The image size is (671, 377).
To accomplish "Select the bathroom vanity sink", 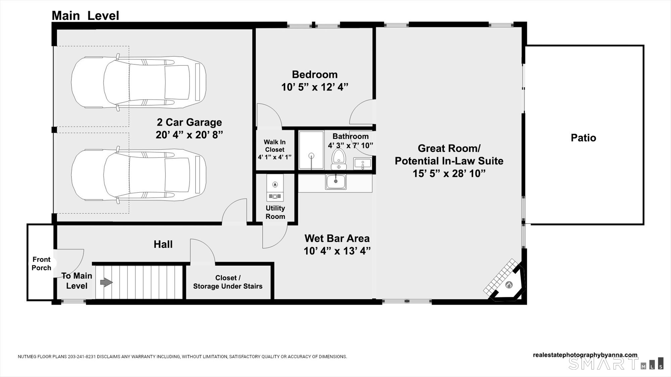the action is pyautogui.click(x=362, y=164).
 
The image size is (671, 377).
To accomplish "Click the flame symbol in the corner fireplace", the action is pyautogui.click(x=509, y=285).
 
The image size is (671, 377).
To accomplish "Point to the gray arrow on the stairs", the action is pyautogui.click(x=106, y=282).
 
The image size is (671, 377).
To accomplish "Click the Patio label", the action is pyautogui.click(x=583, y=138).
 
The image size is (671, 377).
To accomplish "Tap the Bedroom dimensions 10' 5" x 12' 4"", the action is pyautogui.click(x=315, y=87).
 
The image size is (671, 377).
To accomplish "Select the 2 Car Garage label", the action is pyautogui.click(x=189, y=122).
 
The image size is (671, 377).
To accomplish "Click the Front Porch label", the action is pyautogui.click(x=42, y=263).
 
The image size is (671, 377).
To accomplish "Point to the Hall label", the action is pyautogui.click(x=163, y=244).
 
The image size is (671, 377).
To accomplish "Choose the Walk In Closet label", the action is pyautogui.click(x=275, y=146).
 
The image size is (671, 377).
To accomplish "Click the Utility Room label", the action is pyautogui.click(x=275, y=212).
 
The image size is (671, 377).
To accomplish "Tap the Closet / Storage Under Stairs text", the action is pyautogui.click(x=228, y=282).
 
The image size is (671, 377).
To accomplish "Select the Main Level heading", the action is pyautogui.click(x=85, y=16).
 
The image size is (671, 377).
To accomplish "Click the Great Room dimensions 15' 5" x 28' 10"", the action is pyautogui.click(x=449, y=174).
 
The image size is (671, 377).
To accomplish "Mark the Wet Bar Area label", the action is pyautogui.click(x=337, y=238).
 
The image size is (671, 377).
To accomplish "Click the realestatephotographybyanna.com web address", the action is pyautogui.click(x=585, y=355).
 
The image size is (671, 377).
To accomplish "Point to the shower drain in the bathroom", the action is pyautogui.click(x=311, y=155).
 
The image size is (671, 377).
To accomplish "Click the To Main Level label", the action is pyautogui.click(x=77, y=281).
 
